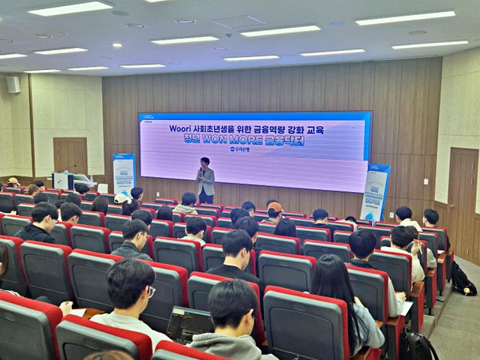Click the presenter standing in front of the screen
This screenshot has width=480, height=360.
(x=205, y=180)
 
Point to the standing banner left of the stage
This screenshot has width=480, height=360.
(x=124, y=173)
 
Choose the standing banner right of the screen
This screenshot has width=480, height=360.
(x=375, y=191)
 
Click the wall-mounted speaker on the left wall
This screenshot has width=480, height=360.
(x=13, y=84)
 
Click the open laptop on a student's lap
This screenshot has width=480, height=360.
(x=188, y=323)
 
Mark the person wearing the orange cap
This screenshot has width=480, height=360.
(x=275, y=208)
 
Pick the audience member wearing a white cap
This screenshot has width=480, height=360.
(x=121, y=199)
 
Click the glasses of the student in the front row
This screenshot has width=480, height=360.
(x=151, y=290)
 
